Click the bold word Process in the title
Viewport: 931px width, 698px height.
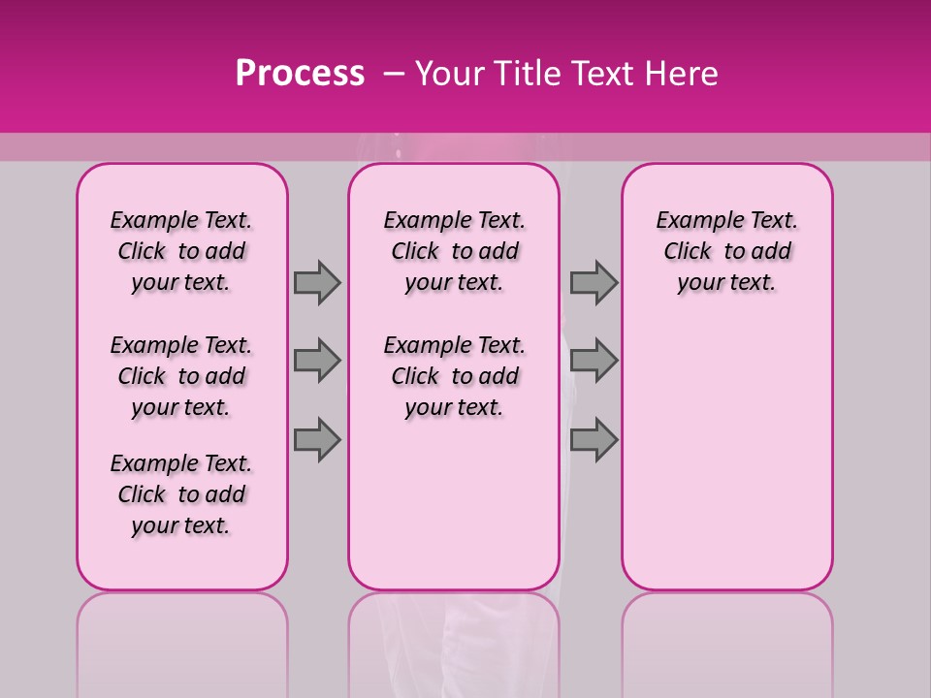pos(300,74)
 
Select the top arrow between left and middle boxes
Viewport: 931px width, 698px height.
pos(317,282)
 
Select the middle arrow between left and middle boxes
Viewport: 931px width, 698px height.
pos(317,361)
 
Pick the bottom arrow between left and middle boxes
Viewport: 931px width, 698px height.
pos(317,439)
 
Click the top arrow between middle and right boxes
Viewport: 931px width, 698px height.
pos(594,282)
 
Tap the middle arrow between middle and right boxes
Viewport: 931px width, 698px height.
pos(594,361)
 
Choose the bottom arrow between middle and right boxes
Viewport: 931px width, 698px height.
pos(594,439)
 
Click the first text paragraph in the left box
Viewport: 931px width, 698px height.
pos(181,251)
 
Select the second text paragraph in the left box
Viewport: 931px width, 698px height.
pos(181,376)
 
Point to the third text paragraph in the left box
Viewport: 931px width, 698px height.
pos(181,494)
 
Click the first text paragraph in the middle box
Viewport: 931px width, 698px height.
pos(454,251)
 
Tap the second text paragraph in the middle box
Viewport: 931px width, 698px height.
pos(454,376)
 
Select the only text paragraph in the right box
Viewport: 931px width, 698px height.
pos(726,251)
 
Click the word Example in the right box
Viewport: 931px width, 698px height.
pos(690,221)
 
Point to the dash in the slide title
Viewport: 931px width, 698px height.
pos(394,74)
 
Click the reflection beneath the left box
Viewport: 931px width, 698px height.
pos(182,640)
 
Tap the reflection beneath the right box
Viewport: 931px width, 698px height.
pos(727,640)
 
